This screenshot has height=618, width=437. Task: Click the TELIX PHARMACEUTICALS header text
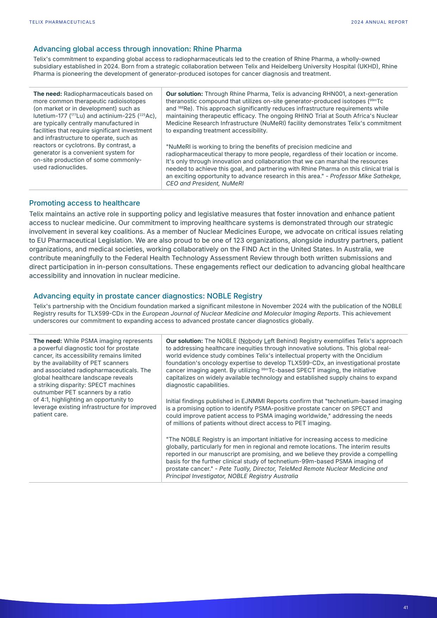[62, 22]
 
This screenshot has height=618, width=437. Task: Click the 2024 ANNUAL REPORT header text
[379, 22]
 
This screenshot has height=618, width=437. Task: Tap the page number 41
[406, 607]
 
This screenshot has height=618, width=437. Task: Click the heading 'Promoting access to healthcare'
[84, 203]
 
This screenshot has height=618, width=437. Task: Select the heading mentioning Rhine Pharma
[137, 49]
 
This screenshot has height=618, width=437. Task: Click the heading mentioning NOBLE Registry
[147, 296]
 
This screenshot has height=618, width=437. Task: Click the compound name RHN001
[334, 94]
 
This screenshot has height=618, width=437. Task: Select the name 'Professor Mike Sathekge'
[365, 176]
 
